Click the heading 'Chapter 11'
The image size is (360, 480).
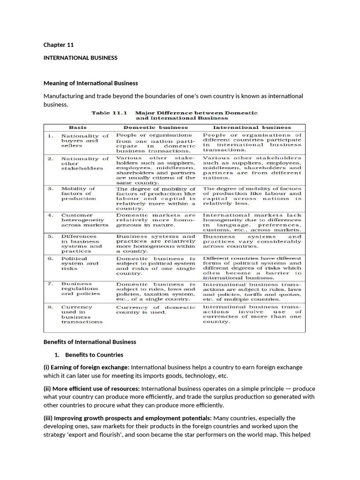coord(59,45)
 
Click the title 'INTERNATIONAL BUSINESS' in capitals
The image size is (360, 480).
coord(80,58)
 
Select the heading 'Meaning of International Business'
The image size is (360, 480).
coord(90,83)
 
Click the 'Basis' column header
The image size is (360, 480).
coord(78,127)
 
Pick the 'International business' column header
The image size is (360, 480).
coord(252,127)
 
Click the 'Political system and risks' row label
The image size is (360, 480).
coord(78,263)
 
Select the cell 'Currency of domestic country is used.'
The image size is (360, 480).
coord(156,309)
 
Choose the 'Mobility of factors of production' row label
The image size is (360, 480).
coord(78,194)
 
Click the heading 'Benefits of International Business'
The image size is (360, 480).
coord(90,342)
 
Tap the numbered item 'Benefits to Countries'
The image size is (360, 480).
coord(94,355)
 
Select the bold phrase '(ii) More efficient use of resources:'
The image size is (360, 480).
coord(91,389)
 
